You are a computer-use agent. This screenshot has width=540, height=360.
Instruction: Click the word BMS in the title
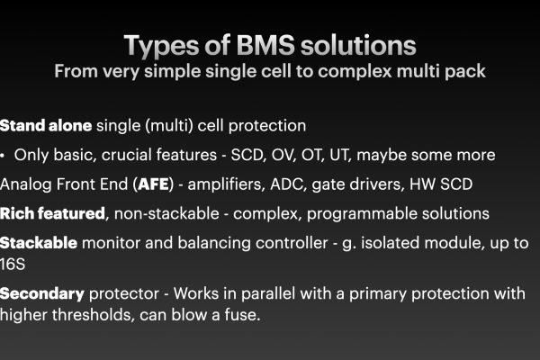[x=265, y=45]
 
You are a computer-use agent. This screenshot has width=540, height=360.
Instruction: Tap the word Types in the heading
[x=161, y=47]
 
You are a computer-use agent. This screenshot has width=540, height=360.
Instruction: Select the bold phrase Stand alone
[x=46, y=125]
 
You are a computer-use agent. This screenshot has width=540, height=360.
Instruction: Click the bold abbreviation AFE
[x=153, y=184]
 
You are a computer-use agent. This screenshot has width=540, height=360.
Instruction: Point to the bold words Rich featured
[x=52, y=213]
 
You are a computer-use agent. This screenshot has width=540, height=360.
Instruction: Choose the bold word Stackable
[x=39, y=243]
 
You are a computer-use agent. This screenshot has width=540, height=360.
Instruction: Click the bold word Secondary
[x=42, y=294]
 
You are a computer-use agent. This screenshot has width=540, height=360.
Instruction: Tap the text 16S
[x=13, y=265]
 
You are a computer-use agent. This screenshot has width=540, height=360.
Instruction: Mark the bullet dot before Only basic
[x=3, y=156]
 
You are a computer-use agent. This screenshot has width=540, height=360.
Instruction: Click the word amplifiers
[x=226, y=184]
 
